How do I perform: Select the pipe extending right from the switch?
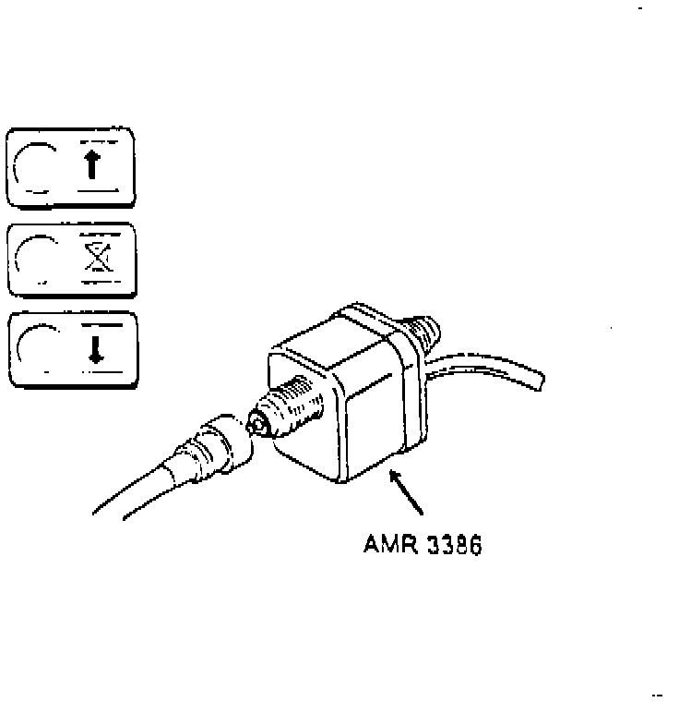[x=498, y=365]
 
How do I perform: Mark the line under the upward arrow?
[x=97, y=188]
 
